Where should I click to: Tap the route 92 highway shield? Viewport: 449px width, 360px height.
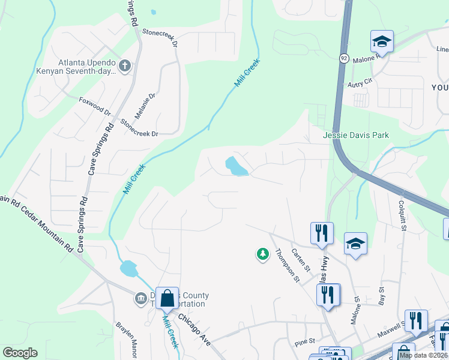[x=343, y=58]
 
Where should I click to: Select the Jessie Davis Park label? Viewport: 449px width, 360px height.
[x=356, y=135]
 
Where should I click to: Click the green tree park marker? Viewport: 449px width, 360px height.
[x=262, y=255]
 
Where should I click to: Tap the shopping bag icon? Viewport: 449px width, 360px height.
[x=167, y=298]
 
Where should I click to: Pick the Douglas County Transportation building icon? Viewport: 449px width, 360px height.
[x=141, y=298]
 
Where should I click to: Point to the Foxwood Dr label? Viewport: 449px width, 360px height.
[x=95, y=106]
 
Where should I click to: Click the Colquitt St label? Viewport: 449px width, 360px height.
[x=402, y=215]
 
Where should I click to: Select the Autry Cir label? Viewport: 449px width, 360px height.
[x=360, y=85]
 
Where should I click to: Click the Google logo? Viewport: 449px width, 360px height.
[x=20, y=353]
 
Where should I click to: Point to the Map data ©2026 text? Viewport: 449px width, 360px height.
[x=423, y=355]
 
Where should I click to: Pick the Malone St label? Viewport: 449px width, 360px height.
[x=356, y=305]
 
